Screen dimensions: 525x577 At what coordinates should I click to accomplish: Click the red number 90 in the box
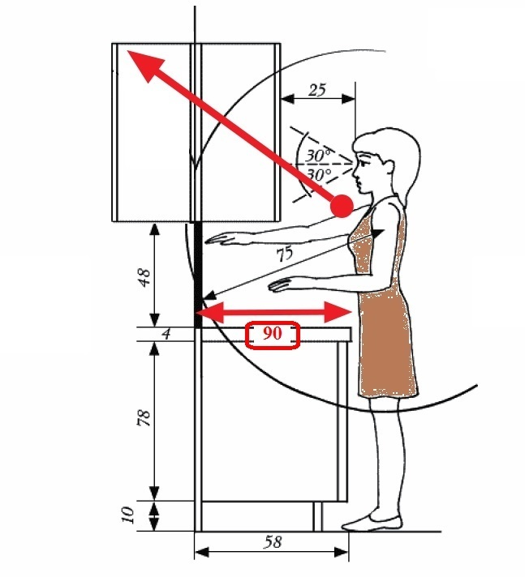(273, 333)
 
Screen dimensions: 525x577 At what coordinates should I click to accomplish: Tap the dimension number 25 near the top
(317, 90)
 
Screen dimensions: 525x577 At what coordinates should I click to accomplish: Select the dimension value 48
(144, 277)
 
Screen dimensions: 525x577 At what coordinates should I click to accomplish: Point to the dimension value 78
(144, 417)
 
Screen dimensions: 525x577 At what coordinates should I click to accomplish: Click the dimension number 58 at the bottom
(273, 542)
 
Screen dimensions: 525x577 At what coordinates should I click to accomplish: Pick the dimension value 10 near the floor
(127, 515)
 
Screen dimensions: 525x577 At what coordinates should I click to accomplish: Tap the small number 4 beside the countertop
(166, 335)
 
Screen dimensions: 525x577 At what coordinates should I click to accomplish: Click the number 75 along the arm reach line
(285, 254)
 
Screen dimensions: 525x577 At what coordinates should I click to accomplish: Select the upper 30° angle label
(318, 156)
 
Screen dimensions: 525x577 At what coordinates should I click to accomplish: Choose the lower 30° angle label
(319, 174)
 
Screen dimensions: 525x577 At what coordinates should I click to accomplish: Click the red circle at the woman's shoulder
(342, 206)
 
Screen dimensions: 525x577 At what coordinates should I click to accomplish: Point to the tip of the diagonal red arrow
(127, 51)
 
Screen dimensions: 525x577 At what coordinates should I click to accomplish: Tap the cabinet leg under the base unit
(317, 517)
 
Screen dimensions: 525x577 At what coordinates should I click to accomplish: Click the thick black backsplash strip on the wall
(198, 275)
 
